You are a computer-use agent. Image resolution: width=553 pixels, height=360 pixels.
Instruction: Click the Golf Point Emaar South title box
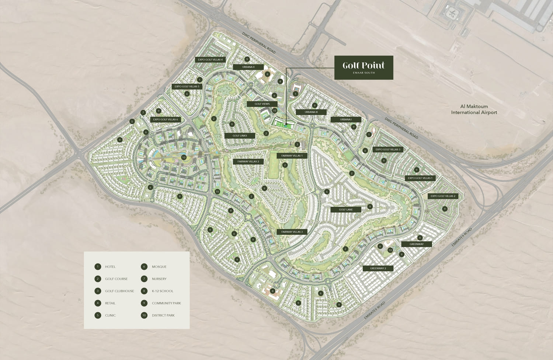pos(364,67)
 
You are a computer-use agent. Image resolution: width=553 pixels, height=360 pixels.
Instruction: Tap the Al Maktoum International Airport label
pos(474,109)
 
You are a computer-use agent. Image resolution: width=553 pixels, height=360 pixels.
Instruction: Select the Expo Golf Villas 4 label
pos(210,60)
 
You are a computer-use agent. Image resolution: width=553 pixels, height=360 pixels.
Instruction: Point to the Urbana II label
pos(248,67)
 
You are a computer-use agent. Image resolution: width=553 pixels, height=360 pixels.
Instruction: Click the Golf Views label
pos(262,104)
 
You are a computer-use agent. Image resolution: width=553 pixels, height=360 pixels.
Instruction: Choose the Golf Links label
pos(240,136)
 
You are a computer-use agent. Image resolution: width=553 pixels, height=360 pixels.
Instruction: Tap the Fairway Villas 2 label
pos(248,161)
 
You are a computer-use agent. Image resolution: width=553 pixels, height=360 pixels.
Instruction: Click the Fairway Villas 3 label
pos(292,232)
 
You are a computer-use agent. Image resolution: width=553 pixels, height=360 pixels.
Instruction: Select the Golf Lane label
pos(346,210)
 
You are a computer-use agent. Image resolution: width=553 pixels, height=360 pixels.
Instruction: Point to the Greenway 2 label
pos(378,268)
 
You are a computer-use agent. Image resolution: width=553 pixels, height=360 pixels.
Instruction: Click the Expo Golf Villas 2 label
pos(443,196)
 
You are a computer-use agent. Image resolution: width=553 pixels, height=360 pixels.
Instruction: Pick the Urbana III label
pos(311,112)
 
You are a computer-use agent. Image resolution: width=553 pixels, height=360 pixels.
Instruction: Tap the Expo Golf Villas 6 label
pos(166,119)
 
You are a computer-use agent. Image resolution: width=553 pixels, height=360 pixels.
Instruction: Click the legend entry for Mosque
pos(159,267)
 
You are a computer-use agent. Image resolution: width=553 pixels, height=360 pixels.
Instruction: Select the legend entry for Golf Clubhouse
pos(119,291)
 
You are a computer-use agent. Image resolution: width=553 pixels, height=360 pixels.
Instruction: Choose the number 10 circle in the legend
pos(144,315)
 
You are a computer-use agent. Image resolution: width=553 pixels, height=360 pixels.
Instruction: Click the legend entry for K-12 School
pos(162,291)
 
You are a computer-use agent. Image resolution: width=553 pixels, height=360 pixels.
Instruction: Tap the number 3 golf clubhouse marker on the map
pos(297,144)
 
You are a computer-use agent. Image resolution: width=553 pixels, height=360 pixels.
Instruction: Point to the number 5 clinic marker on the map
pos(132,121)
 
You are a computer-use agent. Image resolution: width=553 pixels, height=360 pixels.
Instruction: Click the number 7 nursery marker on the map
pos(143,112)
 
